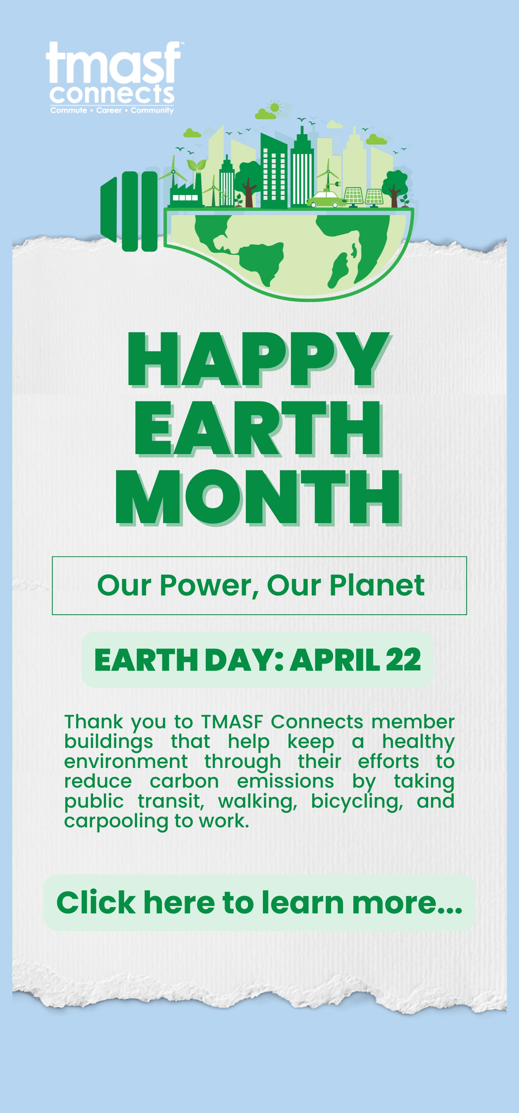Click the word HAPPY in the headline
(259, 359)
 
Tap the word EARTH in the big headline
(259, 428)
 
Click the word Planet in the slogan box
(377, 585)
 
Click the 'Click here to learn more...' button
(259, 903)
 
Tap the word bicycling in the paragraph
(357, 802)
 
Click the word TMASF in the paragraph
(232, 722)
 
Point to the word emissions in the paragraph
(285, 782)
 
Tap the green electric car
(327, 199)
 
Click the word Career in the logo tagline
(109, 111)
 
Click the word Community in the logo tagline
(152, 111)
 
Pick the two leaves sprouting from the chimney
(196, 165)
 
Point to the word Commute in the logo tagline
(69, 111)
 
